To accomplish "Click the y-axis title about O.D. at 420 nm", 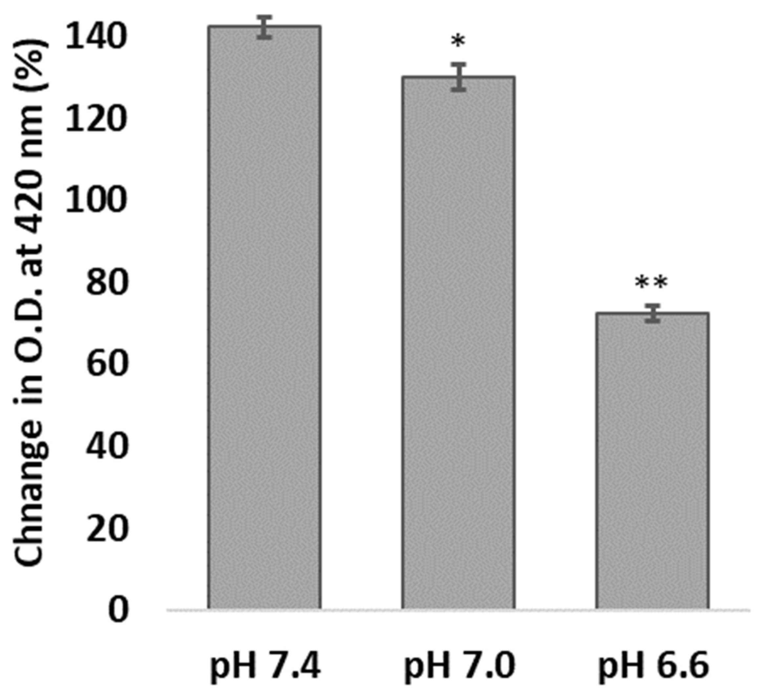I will [x=32, y=302].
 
